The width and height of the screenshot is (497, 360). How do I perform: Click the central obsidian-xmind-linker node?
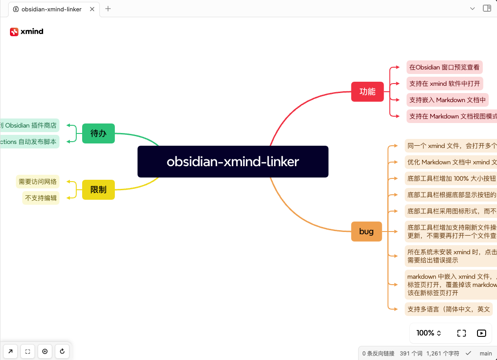click(x=233, y=162)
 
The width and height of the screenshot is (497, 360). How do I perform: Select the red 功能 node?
click(x=367, y=92)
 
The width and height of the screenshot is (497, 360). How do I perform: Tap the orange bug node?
click(x=366, y=232)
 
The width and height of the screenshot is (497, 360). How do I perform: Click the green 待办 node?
click(x=98, y=133)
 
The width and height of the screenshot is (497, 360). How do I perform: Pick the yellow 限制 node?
click(x=98, y=190)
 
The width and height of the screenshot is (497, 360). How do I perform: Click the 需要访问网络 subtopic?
click(x=38, y=182)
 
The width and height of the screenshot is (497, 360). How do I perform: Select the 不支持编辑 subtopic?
click(x=41, y=198)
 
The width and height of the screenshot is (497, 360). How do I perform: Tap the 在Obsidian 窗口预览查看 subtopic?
click(x=444, y=67)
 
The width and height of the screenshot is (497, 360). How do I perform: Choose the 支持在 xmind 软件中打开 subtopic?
click(x=444, y=84)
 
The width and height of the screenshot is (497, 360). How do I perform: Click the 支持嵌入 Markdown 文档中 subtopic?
click(x=447, y=100)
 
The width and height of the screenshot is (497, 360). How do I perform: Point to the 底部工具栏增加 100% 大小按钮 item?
click(x=450, y=178)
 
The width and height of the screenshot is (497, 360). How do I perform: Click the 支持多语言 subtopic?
click(x=448, y=309)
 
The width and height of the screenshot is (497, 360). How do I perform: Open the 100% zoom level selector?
click(x=429, y=333)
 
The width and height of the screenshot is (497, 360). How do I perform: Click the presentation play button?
click(x=482, y=333)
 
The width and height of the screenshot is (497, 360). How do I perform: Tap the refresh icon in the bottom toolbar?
click(x=62, y=351)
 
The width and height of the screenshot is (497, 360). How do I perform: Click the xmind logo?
click(x=27, y=32)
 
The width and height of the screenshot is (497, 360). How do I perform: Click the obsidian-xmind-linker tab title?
click(x=51, y=9)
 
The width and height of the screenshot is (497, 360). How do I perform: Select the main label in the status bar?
click(x=486, y=353)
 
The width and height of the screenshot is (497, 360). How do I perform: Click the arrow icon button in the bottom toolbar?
click(x=10, y=351)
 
